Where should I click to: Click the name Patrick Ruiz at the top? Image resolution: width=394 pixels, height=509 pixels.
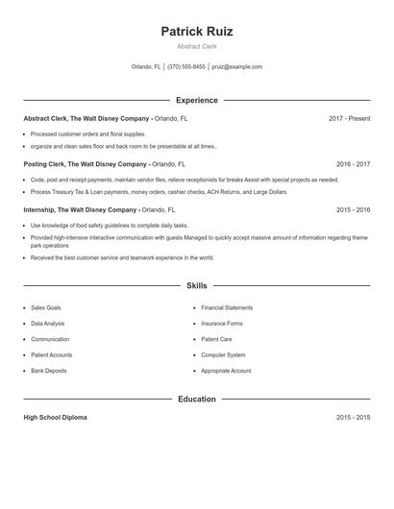pos(196,31)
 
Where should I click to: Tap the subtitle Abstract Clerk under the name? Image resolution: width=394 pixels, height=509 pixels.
pos(196,46)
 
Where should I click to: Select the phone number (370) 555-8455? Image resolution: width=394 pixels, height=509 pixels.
pos(186,67)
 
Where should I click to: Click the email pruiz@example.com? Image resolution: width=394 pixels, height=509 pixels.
pos(236,67)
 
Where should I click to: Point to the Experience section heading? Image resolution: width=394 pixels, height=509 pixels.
pos(196,100)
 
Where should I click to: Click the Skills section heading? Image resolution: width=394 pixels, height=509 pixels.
pos(196,285)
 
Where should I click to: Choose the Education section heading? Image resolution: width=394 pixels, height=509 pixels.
pos(196,399)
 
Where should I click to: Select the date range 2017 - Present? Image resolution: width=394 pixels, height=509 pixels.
pos(349,118)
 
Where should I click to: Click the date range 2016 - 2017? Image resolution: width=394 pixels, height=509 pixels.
pos(353,164)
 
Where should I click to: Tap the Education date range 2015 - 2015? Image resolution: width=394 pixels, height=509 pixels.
pos(353,418)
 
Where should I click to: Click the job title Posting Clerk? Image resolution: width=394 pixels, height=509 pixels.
pos(44,164)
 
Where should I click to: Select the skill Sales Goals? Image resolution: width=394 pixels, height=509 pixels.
pos(46,308)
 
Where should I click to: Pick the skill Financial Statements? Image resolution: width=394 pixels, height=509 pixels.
pos(227,308)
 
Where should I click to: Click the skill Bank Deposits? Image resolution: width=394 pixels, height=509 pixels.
pos(49,371)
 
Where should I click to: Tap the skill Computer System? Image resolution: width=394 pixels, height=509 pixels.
pos(223,355)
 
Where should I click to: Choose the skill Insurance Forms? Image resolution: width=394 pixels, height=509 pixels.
pos(222,324)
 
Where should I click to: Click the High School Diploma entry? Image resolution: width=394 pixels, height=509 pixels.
pos(56,418)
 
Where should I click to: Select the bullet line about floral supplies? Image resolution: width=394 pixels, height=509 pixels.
pos(88,134)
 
